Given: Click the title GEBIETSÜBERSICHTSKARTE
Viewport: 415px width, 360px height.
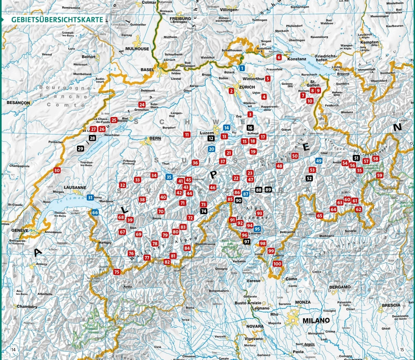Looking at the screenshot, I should [57, 20].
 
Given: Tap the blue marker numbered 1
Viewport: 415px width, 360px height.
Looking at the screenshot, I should [242, 68].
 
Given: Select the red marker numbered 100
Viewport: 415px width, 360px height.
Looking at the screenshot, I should [277, 264].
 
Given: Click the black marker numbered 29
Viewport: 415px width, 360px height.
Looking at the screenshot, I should [80, 149].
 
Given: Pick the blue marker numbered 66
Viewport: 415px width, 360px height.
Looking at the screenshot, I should [95, 212].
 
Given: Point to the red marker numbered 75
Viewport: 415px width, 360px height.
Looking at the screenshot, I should [117, 272].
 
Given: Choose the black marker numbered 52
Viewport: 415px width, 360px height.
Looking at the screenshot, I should [309, 178].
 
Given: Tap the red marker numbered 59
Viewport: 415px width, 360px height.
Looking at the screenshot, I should [380, 175].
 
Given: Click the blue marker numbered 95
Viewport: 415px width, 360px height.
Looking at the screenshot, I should [257, 229].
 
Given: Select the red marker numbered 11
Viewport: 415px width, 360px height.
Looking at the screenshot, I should [187, 134].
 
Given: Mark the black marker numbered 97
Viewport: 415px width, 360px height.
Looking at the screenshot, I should [247, 242].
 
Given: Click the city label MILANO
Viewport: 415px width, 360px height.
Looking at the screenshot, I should [316, 320].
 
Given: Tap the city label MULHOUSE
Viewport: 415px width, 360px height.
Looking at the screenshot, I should [137, 49].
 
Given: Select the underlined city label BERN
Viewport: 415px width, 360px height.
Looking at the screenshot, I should [155, 138].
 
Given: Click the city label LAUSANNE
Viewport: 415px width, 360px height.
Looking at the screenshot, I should [75, 187].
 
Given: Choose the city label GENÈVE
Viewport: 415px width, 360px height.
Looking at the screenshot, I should [19, 230].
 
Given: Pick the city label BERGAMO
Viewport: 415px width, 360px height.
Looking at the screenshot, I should [340, 287].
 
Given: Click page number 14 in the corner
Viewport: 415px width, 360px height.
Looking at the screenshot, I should [13, 349].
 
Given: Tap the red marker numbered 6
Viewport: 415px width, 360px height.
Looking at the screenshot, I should [279, 57].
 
